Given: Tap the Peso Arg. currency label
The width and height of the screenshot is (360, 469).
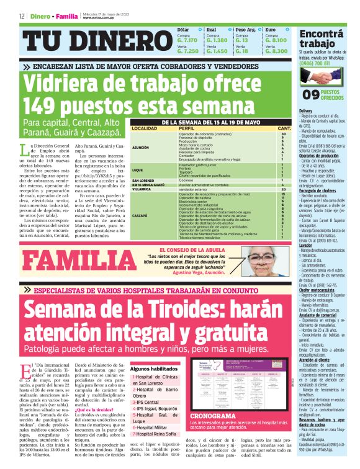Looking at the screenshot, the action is click(245, 30).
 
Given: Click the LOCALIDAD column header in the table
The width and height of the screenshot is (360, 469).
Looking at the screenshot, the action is click(144, 128).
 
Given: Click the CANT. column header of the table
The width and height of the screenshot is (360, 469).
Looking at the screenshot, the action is click(283, 128).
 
